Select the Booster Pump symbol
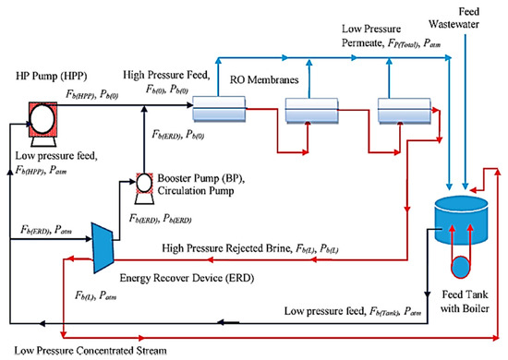[x=144, y=188]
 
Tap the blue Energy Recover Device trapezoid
[x=103, y=248]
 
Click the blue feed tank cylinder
[x=461, y=220]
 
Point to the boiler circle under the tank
[x=460, y=267]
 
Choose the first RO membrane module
[x=219, y=109]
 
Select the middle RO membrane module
[x=311, y=111]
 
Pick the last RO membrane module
[x=405, y=111]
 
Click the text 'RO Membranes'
[x=264, y=79]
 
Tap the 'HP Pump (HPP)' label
[x=52, y=77]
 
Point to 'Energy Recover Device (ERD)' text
[x=187, y=278]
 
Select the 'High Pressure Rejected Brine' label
[x=226, y=248]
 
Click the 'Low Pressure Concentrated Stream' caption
[x=91, y=351]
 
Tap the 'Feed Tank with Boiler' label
[x=465, y=302]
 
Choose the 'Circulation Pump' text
[x=196, y=191]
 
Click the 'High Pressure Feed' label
[x=166, y=75]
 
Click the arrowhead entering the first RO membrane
[x=190, y=105]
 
